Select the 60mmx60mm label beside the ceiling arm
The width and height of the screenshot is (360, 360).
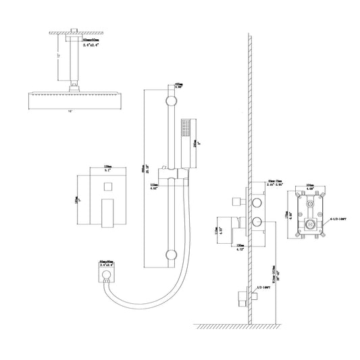[91, 43]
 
